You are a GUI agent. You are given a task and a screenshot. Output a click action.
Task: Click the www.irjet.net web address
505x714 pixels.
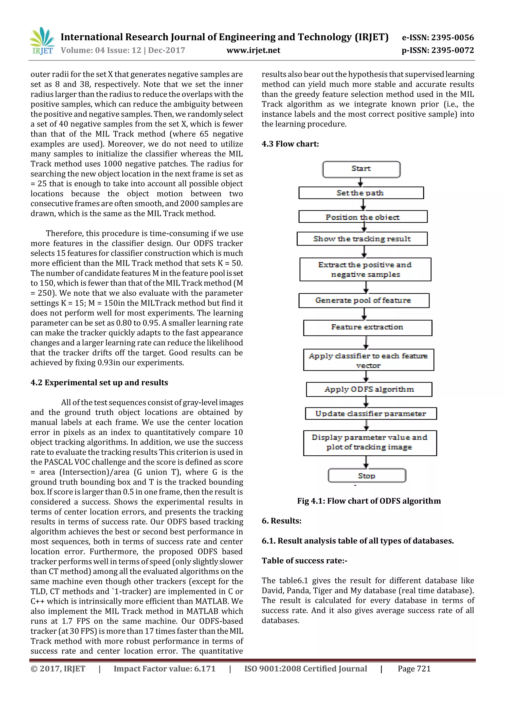click(253, 50)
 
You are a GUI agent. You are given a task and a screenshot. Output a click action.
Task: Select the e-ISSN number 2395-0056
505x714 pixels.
click(438, 38)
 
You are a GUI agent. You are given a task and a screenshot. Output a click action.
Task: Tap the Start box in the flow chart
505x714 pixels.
click(361, 169)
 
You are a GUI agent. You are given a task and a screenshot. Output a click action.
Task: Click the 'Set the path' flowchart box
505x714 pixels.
click(361, 193)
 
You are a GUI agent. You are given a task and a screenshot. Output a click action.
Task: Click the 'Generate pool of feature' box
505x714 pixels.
click(363, 300)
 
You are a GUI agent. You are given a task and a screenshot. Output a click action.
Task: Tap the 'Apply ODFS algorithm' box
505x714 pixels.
click(369, 389)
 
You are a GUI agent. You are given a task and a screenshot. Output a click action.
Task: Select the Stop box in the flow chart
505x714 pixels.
click(367, 476)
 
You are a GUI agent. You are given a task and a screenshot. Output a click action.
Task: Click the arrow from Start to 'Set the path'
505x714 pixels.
click(361, 182)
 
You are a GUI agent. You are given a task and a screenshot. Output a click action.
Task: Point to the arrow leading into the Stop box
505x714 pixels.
click(366, 462)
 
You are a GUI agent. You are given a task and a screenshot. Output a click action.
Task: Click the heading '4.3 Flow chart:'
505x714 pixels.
click(290, 144)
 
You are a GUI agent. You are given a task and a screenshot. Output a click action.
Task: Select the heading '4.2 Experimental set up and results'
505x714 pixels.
click(99, 382)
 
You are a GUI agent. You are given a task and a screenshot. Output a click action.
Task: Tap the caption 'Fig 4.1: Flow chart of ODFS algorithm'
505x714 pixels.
click(369, 501)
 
